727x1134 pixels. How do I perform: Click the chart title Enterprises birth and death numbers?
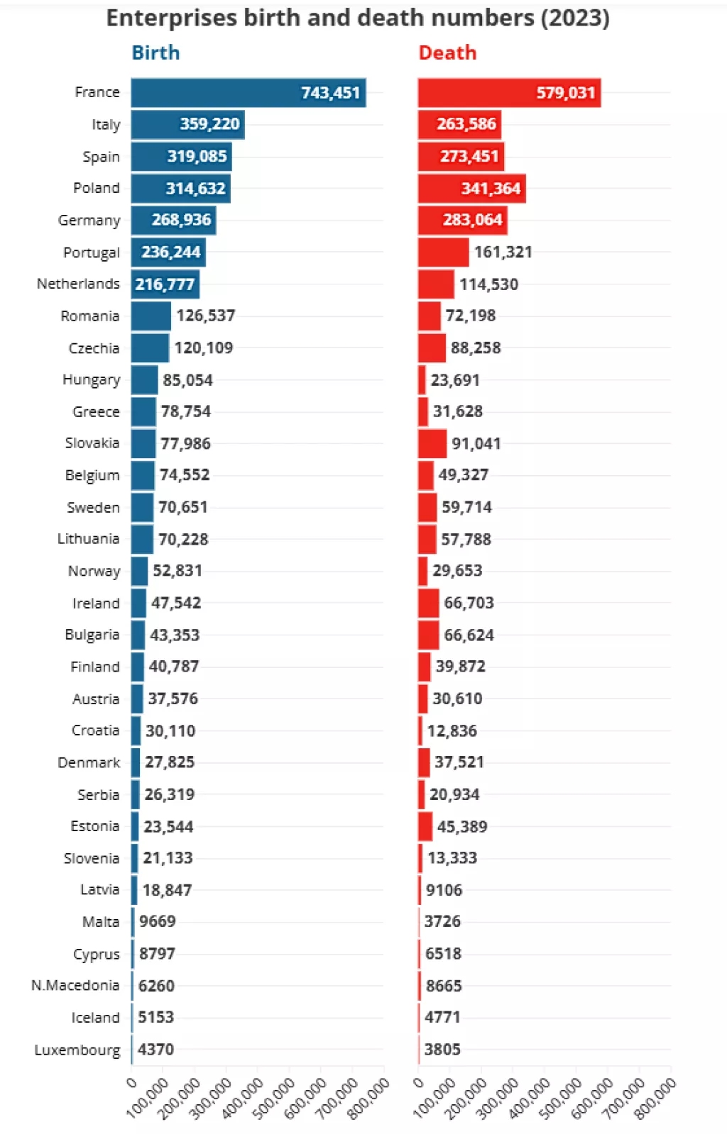357,18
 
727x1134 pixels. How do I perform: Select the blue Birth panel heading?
155,53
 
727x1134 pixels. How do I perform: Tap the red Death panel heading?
447,53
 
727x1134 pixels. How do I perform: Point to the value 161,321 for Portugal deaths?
503,252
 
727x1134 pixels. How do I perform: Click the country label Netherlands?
78,284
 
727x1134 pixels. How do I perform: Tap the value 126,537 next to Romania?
205,316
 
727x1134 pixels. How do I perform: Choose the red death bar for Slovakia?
432,444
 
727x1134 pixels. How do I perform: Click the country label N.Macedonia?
75,986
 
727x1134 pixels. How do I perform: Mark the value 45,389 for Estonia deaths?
461,827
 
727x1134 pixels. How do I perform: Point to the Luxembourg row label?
77,1050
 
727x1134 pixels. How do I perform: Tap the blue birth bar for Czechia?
150,348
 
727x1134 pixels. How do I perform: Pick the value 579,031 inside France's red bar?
565,93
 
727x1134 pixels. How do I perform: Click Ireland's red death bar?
428,604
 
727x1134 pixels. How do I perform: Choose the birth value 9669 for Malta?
157,922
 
